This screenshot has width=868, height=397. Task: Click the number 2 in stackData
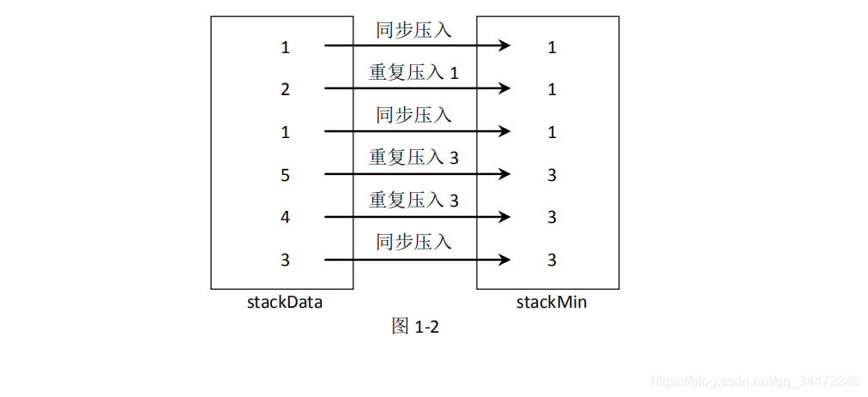(x=285, y=89)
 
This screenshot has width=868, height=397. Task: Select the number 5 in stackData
(x=285, y=175)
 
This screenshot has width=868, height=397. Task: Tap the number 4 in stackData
(x=285, y=217)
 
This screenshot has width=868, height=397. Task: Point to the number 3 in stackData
(x=285, y=260)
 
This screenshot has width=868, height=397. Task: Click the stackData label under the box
(x=285, y=303)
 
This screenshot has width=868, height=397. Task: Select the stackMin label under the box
(x=552, y=303)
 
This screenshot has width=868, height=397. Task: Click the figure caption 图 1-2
(x=415, y=326)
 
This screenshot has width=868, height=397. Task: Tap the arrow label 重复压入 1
(x=413, y=73)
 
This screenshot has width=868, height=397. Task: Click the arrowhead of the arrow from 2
(x=503, y=88)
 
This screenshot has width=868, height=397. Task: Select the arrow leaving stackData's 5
(x=417, y=174)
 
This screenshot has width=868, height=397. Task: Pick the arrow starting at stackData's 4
(x=417, y=216)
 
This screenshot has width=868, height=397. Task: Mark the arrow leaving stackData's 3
(x=417, y=259)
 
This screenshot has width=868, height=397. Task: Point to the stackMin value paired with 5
(x=552, y=175)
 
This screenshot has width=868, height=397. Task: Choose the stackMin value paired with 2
(x=552, y=89)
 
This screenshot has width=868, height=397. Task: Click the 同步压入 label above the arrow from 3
(x=414, y=242)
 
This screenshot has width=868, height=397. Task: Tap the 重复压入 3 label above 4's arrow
(x=413, y=200)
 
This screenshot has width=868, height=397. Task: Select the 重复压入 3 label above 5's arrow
(x=413, y=158)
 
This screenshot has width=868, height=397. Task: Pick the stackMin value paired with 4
(x=552, y=217)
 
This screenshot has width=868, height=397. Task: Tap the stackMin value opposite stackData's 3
(x=552, y=260)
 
